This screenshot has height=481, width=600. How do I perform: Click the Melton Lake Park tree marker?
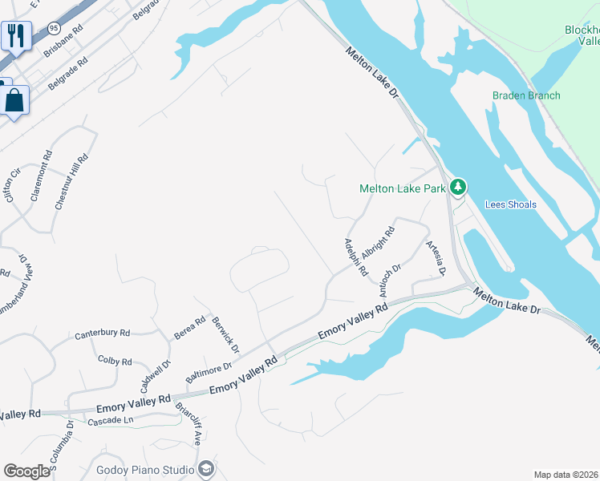click(457, 188)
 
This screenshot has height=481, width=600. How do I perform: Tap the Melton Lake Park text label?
click(402, 189)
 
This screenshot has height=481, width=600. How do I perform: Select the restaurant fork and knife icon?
click(14, 34)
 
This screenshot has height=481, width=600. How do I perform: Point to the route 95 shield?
click(54, 27)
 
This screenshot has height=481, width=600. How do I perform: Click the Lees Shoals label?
click(511, 204)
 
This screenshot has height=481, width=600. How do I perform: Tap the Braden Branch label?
click(526, 95)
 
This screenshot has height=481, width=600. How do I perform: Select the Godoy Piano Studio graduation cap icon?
click(206, 469)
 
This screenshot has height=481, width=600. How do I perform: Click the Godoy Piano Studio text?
click(145, 470)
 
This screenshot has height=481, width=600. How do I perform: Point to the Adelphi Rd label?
click(355, 257)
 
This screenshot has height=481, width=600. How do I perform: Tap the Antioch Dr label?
click(387, 274)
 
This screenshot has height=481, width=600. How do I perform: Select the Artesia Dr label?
click(436, 258)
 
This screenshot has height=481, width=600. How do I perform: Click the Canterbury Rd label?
click(102, 333)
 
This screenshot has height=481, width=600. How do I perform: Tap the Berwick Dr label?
click(226, 334)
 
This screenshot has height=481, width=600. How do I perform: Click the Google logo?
click(26, 471)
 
